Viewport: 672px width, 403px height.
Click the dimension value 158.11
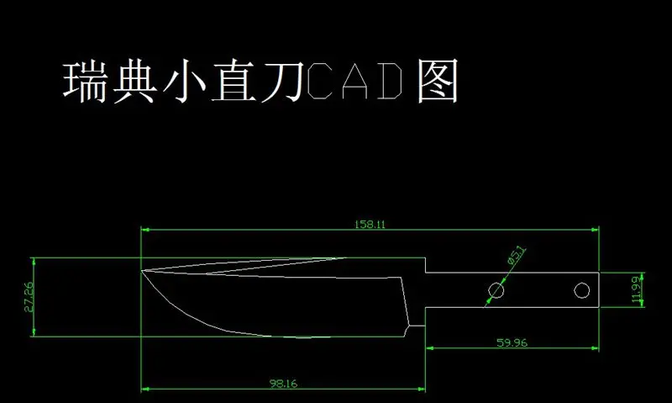[x=370, y=224]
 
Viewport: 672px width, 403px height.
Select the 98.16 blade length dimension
[x=283, y=384]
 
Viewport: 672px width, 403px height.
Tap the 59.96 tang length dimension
[x=512, y=342]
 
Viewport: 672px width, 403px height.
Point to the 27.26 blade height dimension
[x=29, y=296]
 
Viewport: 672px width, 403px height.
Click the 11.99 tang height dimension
[x=637, y=289]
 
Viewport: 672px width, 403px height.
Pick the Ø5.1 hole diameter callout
[x=516, y=256]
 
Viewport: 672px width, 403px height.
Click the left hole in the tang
[x=496, y=290]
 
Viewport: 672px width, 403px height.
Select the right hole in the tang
[x=581, y=290]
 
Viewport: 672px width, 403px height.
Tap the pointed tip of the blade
[x=142, y=270]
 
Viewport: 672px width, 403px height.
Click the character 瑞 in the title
[x=86, y=82]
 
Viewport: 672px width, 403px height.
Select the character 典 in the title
[x=134, y=82]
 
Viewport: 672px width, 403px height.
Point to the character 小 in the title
[x=184, y=82]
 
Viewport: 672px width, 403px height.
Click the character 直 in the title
[x=234, y=82]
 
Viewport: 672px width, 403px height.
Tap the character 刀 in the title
[x=283, y=82]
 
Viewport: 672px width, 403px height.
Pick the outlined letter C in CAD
[x=320, y=81]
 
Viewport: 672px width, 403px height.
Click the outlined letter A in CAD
[x=355, y=81]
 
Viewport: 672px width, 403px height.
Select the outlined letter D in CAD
[x=390, y=81]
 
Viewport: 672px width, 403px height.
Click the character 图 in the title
[x=438, y=82]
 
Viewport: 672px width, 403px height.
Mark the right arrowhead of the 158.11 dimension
[x=595, y=230]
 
